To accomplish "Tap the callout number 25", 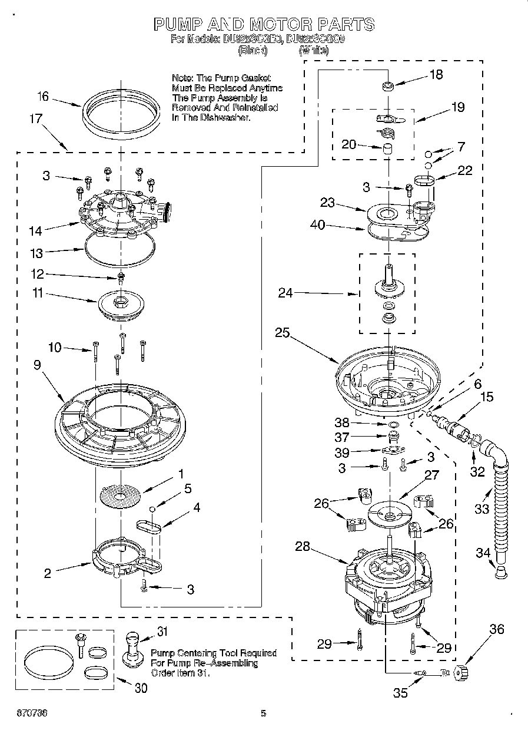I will pos(282,333).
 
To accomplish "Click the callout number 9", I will pos(38,365).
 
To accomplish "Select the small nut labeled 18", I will pos(387,87).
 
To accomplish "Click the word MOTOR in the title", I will pos(279,24).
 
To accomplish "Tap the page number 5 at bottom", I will pos(264,714).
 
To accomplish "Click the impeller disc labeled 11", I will pos(122,303).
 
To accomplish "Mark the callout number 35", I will pos(400,693).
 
